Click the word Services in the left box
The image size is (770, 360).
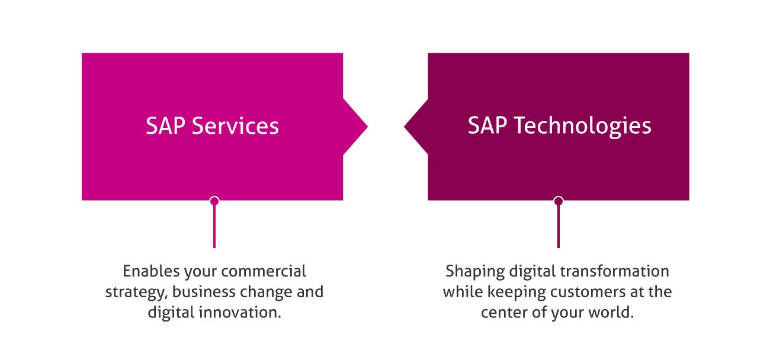click(235, 126)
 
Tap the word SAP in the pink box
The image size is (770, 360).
click(165, 126)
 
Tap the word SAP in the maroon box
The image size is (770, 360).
click(487, 126)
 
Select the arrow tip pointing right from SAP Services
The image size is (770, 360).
click(364, 126)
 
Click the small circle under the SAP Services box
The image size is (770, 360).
click(214, 201)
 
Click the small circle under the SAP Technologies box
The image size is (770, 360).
click(558, 201)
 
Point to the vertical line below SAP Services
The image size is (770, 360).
click(214, 228)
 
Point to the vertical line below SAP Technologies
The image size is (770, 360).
click(558, 228)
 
